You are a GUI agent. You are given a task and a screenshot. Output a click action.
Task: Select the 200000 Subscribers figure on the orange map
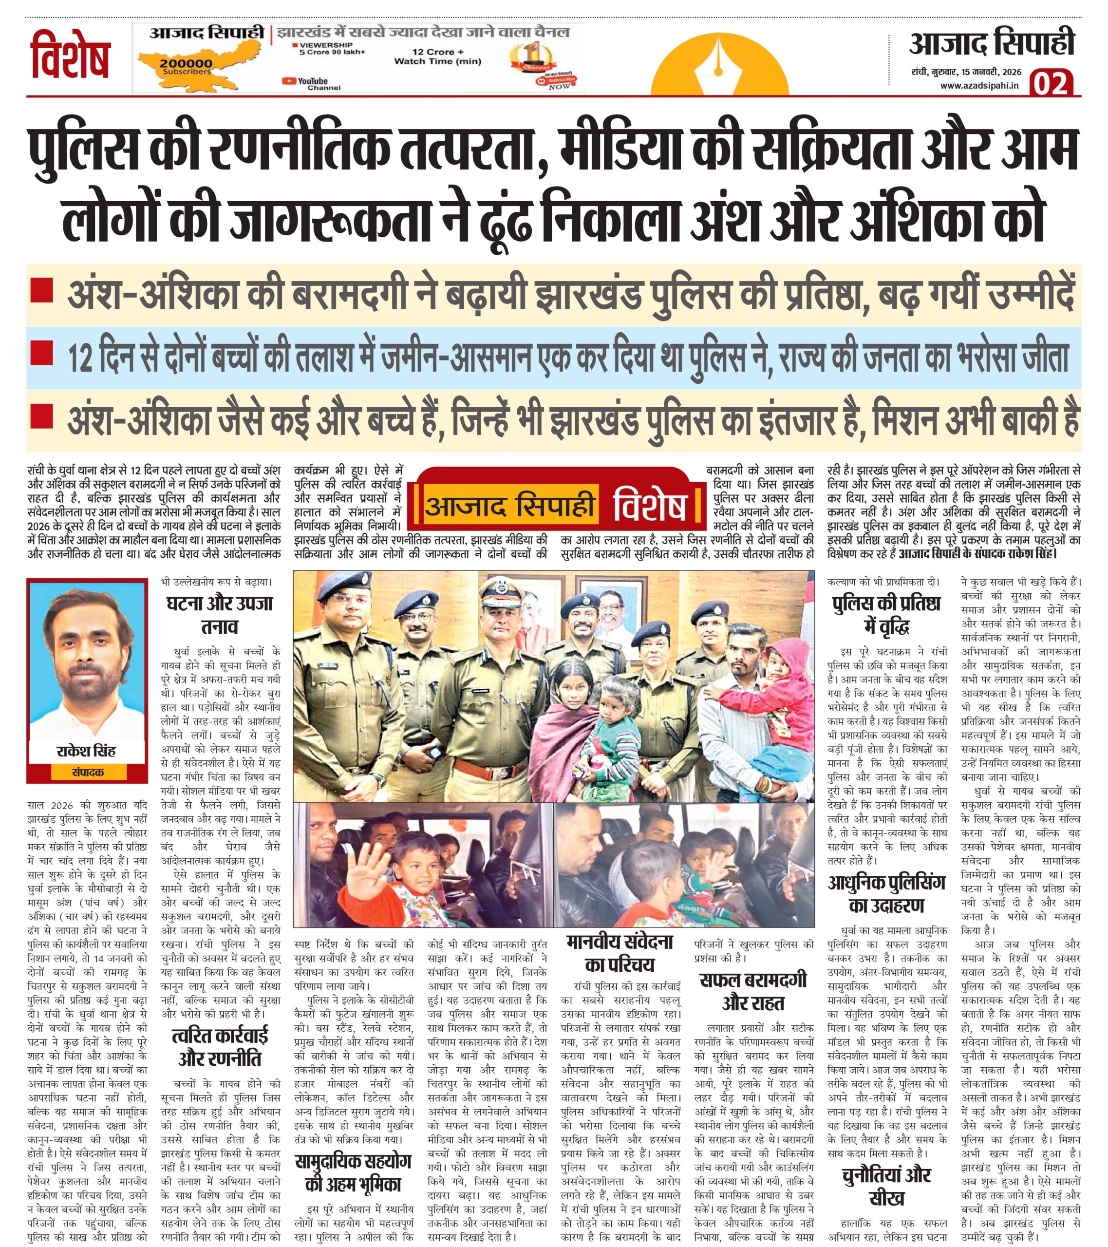point(186,66)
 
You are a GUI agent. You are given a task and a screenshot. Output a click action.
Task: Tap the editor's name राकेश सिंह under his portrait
point(86,751)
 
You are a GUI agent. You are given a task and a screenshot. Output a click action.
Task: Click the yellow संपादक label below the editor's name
point(87,772)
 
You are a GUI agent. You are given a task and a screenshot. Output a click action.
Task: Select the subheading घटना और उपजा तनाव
point(220,614)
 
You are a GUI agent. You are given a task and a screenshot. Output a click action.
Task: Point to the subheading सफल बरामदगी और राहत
point(753,991)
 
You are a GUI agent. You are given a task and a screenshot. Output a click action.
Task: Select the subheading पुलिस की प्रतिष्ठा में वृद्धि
point(886,614)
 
